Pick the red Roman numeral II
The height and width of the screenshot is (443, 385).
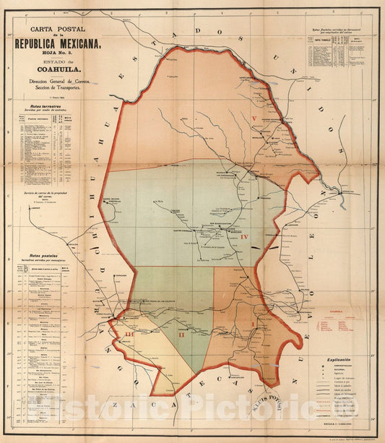pos(181,334)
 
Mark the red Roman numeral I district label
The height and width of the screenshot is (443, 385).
pos(252,323)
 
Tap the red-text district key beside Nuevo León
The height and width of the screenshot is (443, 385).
pos(336,324)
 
